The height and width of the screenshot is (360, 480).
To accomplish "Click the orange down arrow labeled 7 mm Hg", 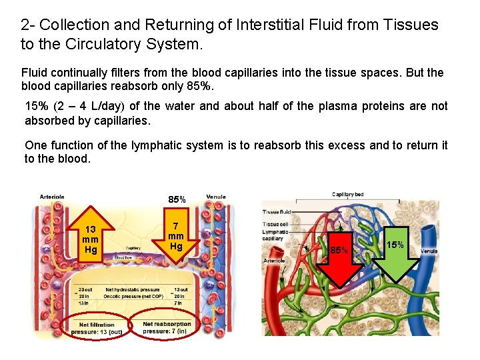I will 175,233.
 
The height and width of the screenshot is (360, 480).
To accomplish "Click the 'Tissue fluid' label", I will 277,212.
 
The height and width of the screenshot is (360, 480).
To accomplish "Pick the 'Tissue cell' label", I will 275,224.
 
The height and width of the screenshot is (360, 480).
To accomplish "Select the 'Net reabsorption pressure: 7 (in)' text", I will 166,328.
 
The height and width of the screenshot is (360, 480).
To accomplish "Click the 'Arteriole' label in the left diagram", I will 52,197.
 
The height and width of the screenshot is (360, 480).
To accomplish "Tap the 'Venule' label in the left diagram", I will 215,197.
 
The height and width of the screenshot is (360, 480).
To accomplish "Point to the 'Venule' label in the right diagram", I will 429,251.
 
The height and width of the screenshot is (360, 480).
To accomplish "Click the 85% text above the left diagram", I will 177,199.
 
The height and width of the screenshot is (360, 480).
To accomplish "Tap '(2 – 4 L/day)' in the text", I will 93,107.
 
